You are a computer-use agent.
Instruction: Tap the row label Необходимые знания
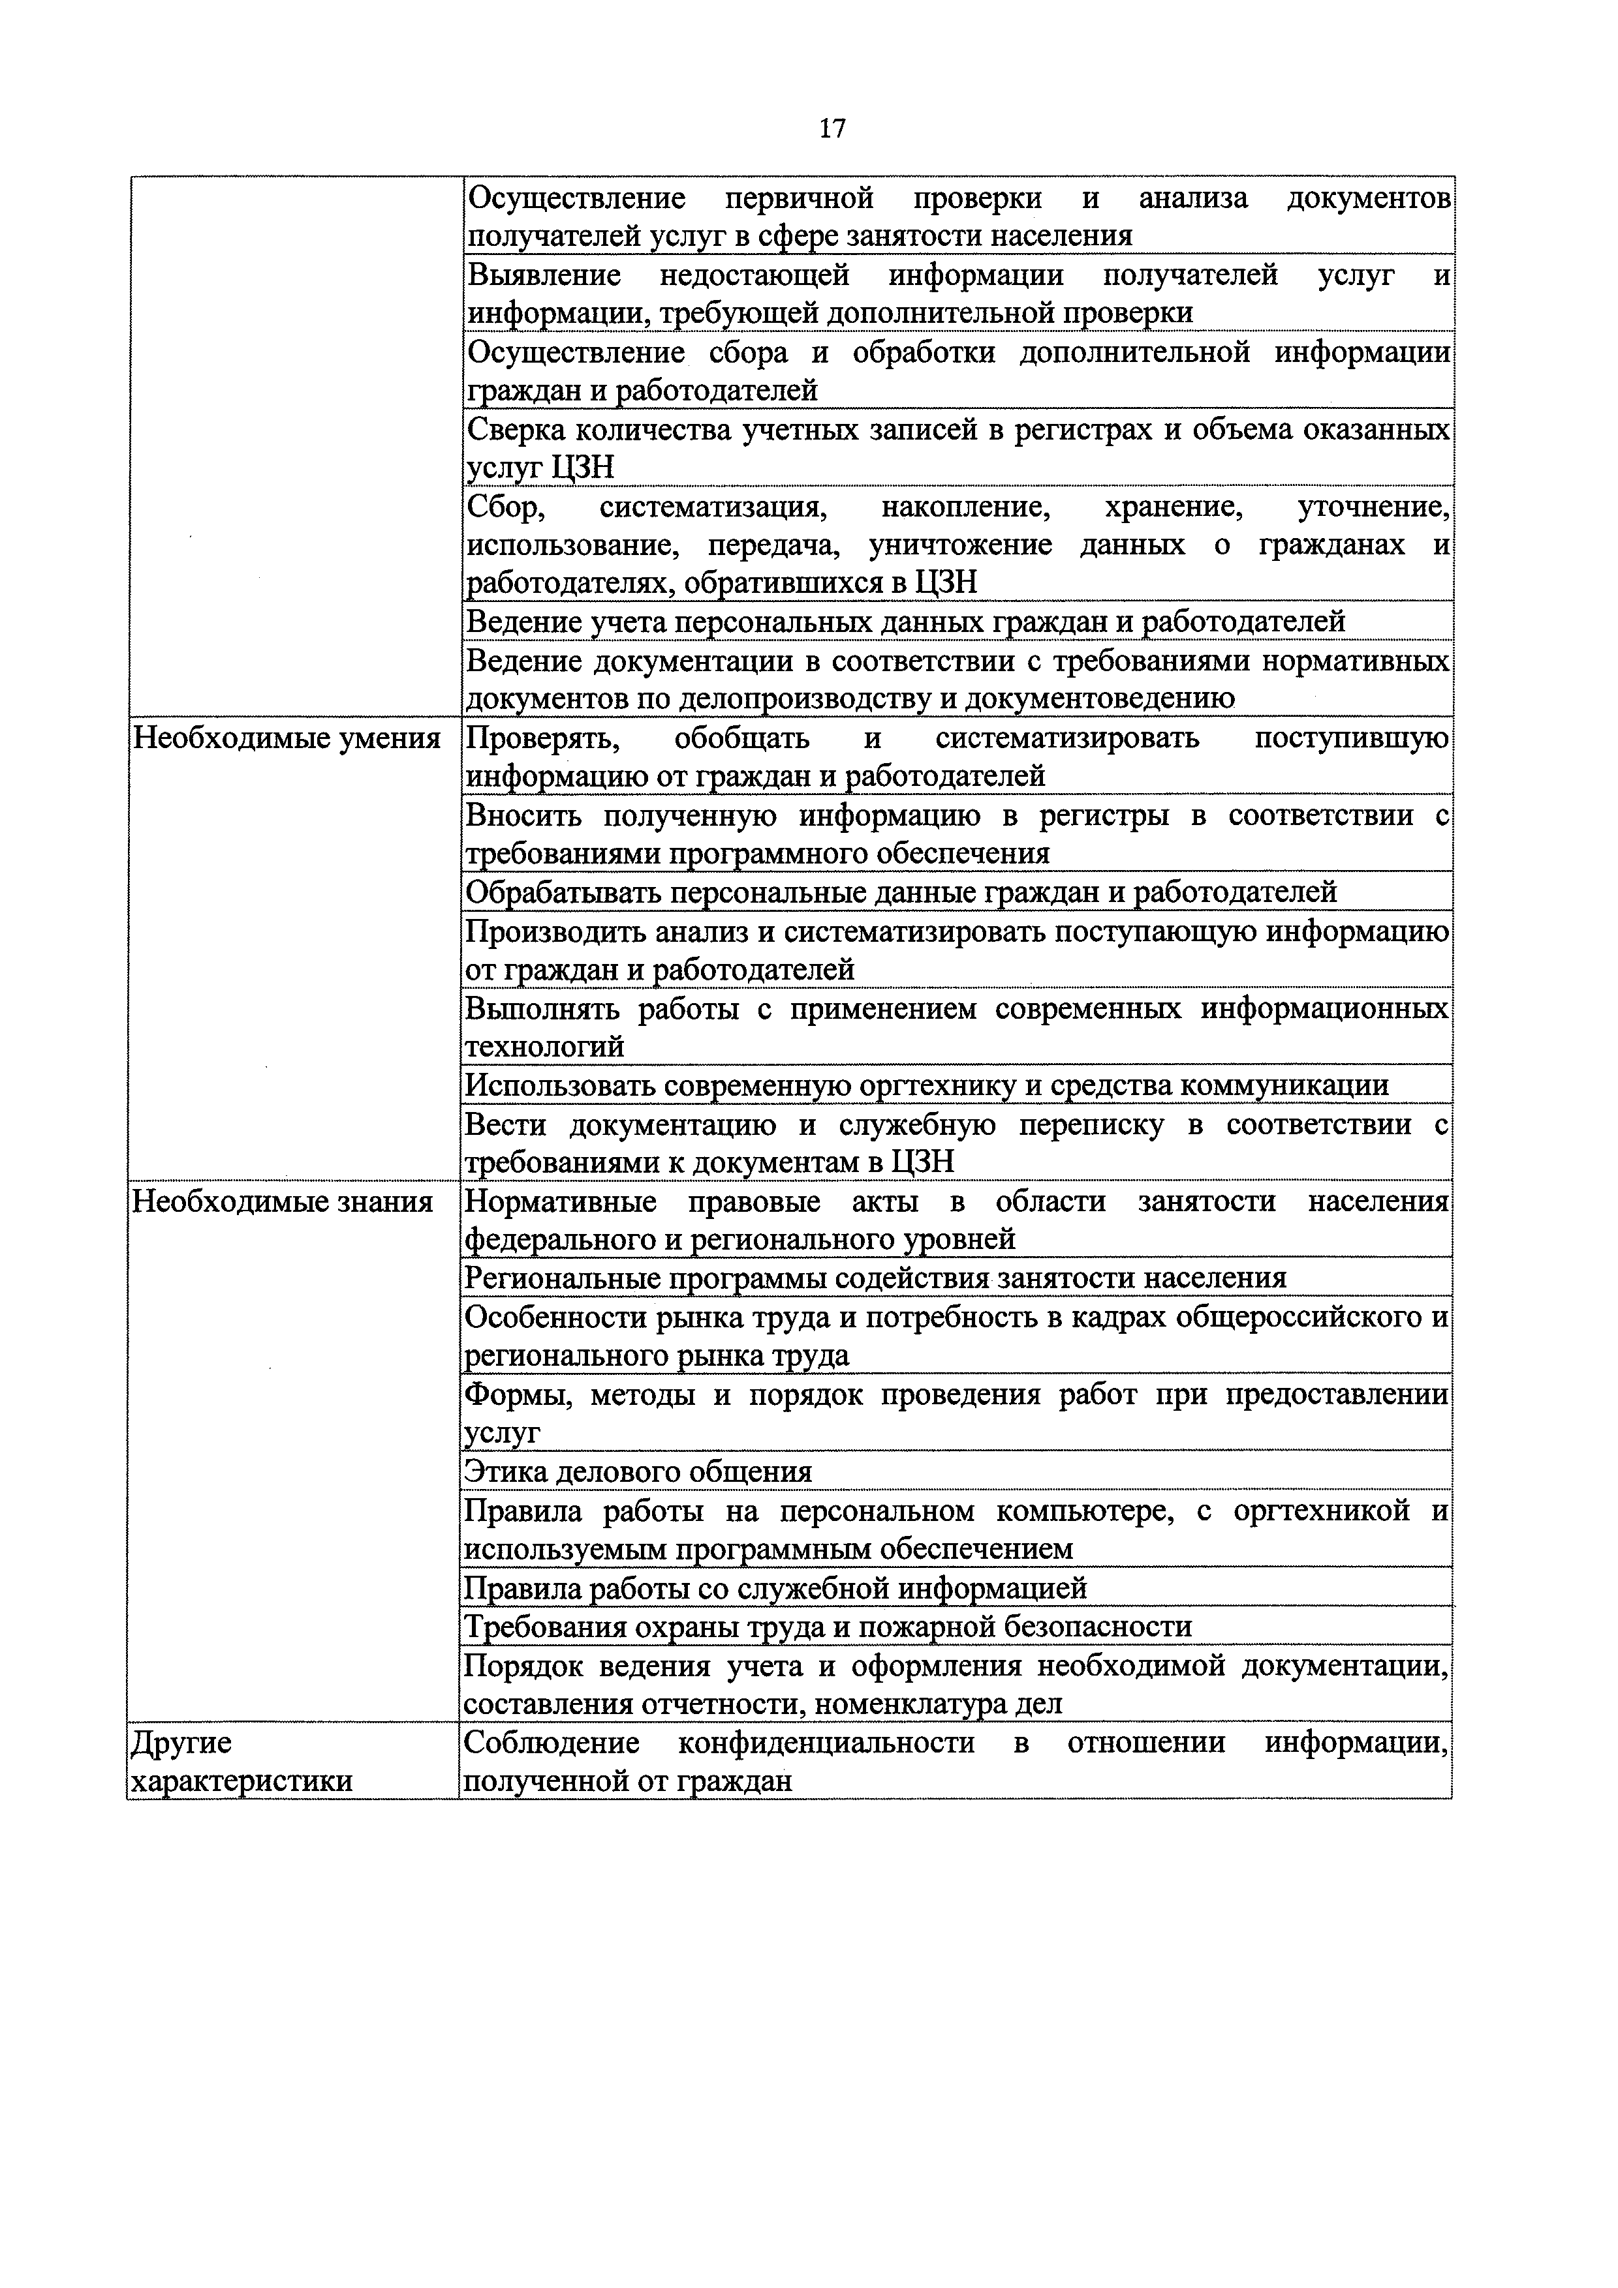[x=283, y=1202]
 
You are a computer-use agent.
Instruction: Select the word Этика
[x=505, y=1472]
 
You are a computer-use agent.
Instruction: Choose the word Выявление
[x=544, y=275]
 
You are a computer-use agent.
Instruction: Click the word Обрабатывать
[x=563, y=892]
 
